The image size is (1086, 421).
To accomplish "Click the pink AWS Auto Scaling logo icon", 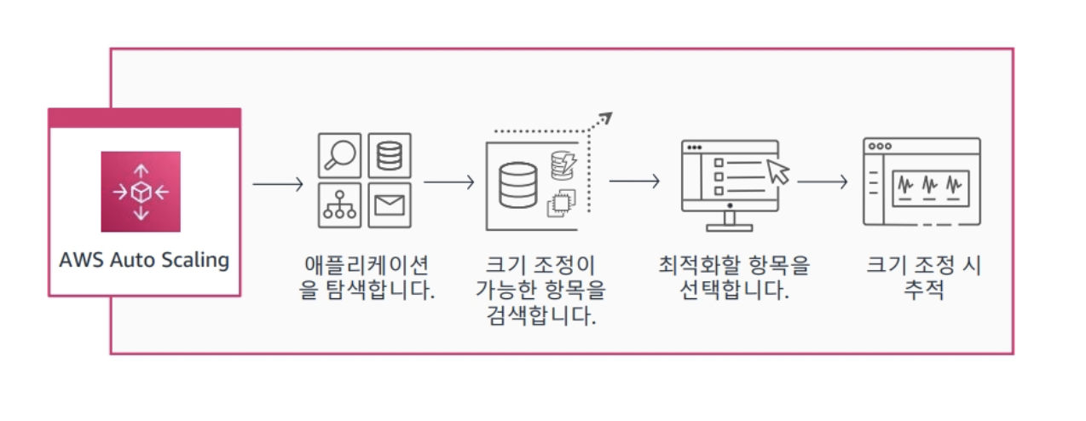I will (x=141, y=192).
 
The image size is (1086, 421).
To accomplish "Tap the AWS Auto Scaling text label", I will (x=144, y=260).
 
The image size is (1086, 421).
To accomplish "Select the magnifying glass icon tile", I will (x=339, y=154).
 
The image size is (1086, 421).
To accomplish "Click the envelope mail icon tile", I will (x=390, y=205).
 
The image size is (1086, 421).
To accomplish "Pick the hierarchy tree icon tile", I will (x=339, y=205).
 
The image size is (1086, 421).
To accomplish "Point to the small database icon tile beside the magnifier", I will (x=390, y=154).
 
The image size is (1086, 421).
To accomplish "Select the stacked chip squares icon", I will (x=561, y=200).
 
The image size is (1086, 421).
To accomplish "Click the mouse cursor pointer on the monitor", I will (x=778, y=170).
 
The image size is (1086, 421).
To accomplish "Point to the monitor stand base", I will (x=730, y=226).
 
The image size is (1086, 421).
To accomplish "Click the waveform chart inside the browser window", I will (x=929, y=184).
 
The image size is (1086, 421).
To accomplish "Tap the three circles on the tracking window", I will (x=880, y=146).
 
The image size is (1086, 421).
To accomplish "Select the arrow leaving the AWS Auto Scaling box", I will (x=278, y=182).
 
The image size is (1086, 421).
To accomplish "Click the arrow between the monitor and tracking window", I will (x=822, y=182).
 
